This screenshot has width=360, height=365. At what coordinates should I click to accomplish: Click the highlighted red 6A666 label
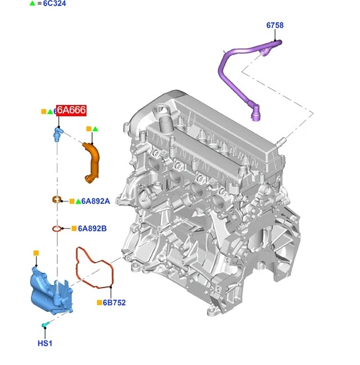(x=71, y=111)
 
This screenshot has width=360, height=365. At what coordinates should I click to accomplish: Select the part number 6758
(x=275, y=25)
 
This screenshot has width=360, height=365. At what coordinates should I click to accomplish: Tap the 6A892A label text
(x=96, y=201)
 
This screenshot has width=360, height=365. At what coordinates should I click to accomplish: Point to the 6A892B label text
(x=92, y=229)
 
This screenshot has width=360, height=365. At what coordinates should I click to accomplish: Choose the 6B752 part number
(x=115, y=303)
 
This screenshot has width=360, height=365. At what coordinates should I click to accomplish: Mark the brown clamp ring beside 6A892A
(x=56, y=199)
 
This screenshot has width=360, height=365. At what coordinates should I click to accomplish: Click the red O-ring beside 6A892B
(x=56, y=229)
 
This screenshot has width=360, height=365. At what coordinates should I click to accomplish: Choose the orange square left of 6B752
(x=99, y=303)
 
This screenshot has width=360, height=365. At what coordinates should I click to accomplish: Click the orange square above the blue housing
(x=35, y=253)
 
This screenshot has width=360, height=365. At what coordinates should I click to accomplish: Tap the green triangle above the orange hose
(x=95, y=129)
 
